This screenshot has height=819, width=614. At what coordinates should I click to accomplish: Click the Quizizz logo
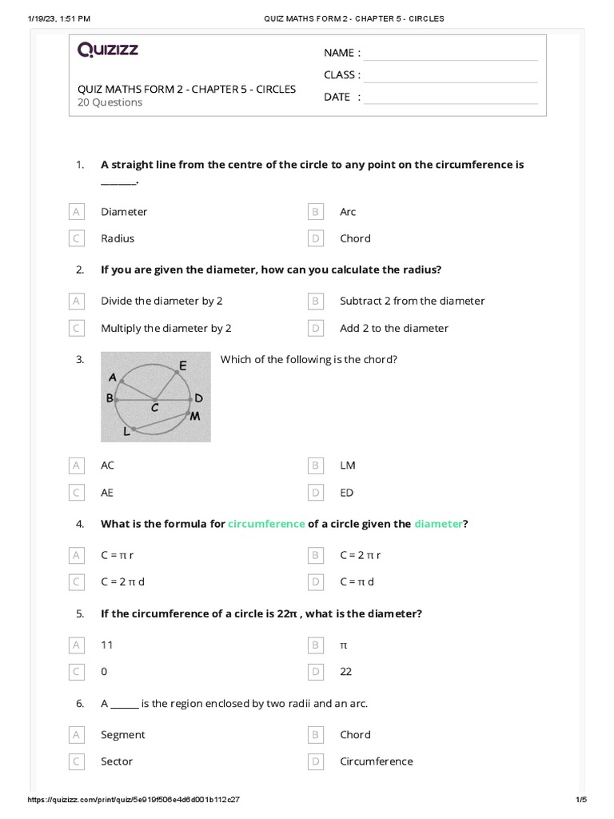[108, 50]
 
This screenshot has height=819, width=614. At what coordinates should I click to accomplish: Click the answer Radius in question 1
[118, 238]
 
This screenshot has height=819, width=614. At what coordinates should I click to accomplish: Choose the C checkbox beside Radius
[77, 238]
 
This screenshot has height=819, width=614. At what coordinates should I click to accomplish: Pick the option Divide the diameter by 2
[161, 301]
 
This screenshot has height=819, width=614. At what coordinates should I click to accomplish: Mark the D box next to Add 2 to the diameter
[316, 328]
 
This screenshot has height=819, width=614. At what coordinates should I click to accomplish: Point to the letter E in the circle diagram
[183, 366]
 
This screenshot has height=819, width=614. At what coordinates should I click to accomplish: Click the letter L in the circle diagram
[126, 432]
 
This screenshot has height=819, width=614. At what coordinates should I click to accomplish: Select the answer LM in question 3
[348, 465]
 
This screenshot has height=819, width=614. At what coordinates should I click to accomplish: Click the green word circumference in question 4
[266, 524]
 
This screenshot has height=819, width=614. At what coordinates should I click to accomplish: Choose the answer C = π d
[357, 581]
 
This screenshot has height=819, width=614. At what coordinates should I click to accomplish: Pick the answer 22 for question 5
[345, 672]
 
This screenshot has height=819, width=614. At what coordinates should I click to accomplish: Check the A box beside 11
[77, 645]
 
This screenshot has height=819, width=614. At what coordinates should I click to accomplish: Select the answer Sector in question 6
[117, 761]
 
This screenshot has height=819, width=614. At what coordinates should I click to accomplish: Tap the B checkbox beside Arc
[316, 212]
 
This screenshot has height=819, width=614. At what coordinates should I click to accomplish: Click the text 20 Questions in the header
[110, 102]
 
